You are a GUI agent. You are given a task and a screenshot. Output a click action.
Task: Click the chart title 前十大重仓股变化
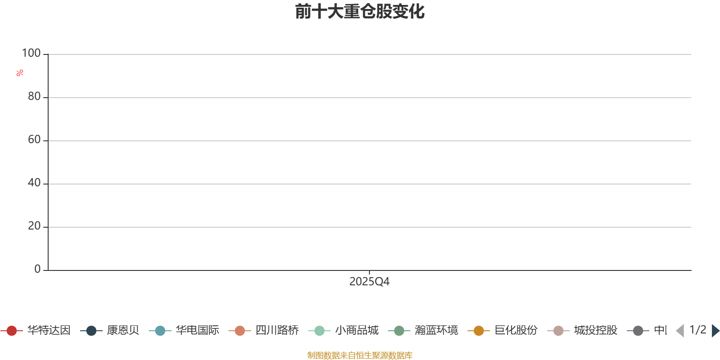(x=360, y=12)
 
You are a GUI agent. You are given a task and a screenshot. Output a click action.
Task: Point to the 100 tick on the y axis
(x=31, y=54)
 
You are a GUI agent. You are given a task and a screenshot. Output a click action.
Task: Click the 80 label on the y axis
(x=34, y=97)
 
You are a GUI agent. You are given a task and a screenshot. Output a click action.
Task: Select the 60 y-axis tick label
(x=34, y=140)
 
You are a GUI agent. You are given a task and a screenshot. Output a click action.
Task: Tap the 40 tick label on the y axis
(x=34, y=183)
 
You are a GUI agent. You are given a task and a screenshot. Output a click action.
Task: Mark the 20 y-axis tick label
(x=34, y=226)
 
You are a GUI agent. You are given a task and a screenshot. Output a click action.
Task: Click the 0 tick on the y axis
(x=37, y=269)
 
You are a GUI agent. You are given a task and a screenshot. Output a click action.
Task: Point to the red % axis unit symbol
(x=19, y=73)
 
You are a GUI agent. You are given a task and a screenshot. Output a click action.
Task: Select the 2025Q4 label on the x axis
(x=369, y=282)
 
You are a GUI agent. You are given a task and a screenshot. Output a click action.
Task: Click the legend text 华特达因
(x=49, y=331)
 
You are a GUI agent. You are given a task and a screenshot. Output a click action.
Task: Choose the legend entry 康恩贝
(x=122, y=331)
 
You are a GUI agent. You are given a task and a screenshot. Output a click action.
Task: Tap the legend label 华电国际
(x=197, y=331)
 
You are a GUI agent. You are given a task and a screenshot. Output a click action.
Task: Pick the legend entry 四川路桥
(x=277, y=331)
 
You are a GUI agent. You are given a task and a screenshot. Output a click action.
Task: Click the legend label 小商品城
(x=356, y=331)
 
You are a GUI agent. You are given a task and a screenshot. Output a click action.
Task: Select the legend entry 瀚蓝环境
(x=436, y=331)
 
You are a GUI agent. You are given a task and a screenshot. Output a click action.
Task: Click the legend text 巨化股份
(x=516, y=331)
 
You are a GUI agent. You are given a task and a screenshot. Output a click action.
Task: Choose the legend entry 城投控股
(x=595, y=331)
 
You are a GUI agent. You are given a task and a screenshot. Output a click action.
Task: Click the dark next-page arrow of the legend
(x=715, y=331)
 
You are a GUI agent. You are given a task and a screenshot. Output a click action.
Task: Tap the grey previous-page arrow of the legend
(x=680, y=331)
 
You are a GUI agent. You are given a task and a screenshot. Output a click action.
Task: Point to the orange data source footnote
(x=360, y=355)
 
